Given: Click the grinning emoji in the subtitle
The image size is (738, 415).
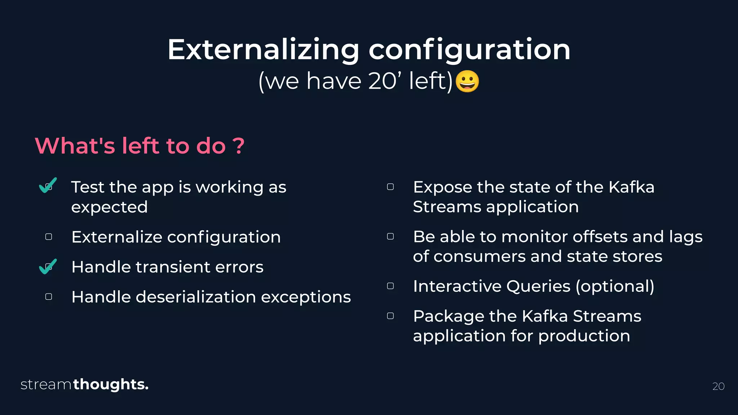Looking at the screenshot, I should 467,81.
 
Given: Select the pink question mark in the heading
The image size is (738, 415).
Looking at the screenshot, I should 238,146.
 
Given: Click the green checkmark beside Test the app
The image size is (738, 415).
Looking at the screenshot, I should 48,185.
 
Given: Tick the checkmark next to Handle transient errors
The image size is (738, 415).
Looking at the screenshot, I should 48,267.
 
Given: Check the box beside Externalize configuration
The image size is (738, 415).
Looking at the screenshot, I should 49,237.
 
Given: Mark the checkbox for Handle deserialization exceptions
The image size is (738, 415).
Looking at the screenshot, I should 49,296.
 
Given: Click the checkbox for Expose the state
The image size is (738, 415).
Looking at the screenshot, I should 390,187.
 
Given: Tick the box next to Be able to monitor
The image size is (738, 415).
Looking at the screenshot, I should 390,236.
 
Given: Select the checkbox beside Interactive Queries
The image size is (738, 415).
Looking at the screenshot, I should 390,286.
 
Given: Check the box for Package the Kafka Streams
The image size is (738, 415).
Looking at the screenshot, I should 390,316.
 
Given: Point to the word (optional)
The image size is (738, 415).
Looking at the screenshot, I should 615,287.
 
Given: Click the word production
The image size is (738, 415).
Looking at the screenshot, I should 584,336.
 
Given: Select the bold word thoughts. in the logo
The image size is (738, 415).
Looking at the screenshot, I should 111,385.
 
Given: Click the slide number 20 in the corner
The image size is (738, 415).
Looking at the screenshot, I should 718,386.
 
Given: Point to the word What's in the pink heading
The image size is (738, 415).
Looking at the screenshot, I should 75,146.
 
